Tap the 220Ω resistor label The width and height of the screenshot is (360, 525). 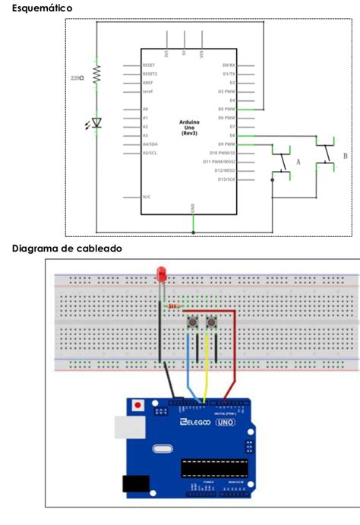pyautogui.click(x=77, y=78)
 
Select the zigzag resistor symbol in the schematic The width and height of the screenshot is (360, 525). pyautogui.click(x=96, y=74)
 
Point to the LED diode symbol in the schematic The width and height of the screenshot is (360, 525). pyautogui.click(x=96, y=121)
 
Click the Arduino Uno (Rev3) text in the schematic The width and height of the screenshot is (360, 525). pyautogui.click(x=189, y=127)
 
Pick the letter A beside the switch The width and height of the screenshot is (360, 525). pyautogui.click(x=298, y=162)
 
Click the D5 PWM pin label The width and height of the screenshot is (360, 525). pyautogui.click(x=226, y=109)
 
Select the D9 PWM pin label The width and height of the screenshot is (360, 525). pyautogui.click(x=226, y=144)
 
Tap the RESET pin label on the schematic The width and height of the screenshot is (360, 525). pyautogui.click(x=150, y=65)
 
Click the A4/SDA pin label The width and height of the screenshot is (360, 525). pyautogui.click(x=150, y=144)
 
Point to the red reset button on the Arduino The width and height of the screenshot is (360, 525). pyautogui.click(x=137, y=406)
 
